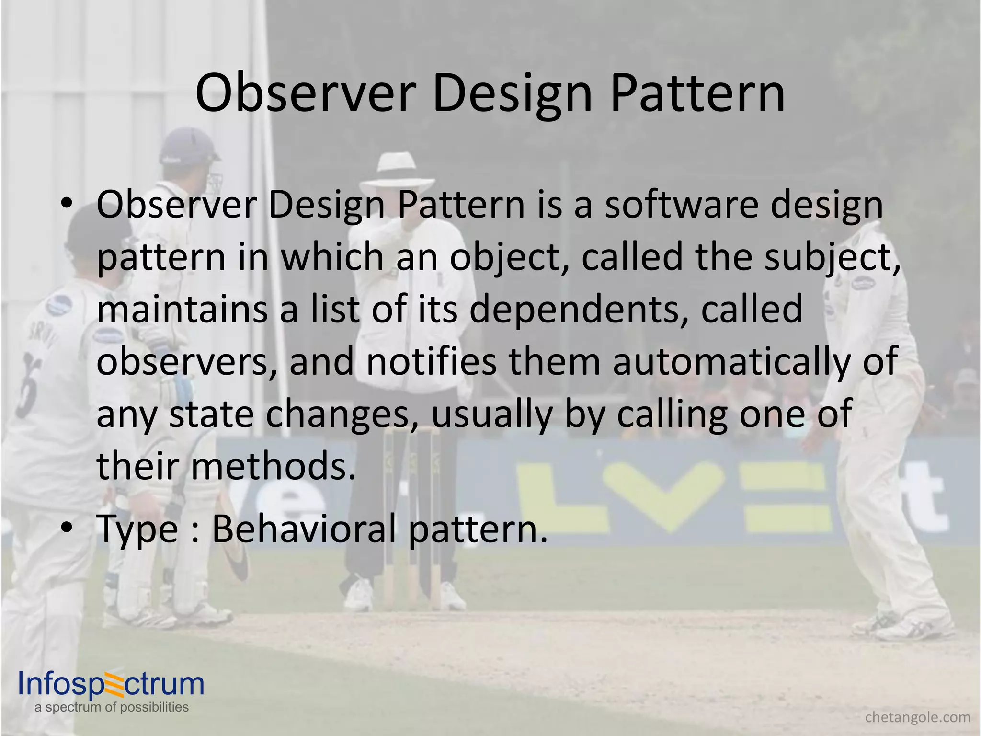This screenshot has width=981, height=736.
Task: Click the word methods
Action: pyautogui.click(x=274, y=466)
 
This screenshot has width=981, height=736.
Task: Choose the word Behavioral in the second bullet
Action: pyautogui.click(x=305, y=529)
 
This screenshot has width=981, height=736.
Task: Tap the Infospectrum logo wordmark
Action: pyautogui.click(x=111, y=684)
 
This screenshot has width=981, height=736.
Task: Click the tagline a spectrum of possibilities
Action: pyautogui.click(x=111, y=707)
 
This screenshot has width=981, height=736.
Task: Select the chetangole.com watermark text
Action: pyautogui.click(x=918, y=717)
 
